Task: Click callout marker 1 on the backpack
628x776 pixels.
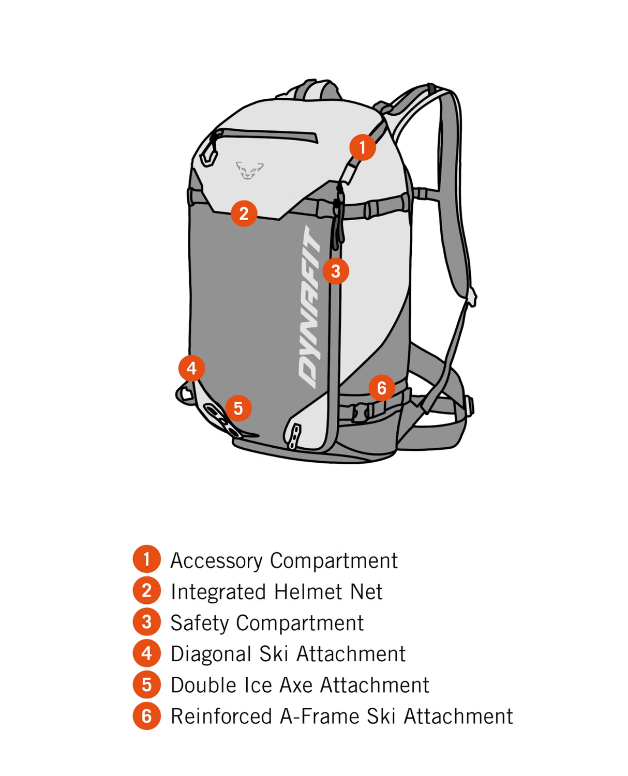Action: click(x=362, y=147)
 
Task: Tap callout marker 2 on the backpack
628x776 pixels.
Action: click(x=244, y=214)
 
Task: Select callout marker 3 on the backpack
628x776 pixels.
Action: click(x=336, y=271)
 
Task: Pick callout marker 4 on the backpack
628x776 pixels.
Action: click(x=191, y=368)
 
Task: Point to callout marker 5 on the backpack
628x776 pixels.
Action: click(x=238, y=408)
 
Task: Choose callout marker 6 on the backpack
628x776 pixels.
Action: click(x=382, y=388)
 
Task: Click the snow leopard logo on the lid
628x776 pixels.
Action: click(x=249, y=170)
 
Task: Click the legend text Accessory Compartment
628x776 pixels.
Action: click(x=284, y=561)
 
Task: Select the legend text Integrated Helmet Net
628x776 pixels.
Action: click(x=277, y=592)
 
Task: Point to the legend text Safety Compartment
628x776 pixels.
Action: click(x=267, y=623)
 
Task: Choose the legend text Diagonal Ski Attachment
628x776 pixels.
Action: click(x=288, y=654)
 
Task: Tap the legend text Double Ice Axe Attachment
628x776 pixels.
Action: click(x=300, y=686)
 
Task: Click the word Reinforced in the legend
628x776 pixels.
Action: click(x=221, y=717)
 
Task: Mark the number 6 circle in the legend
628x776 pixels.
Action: click(x=147, y=717)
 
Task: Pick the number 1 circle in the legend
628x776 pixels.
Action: click(x=147, y=559)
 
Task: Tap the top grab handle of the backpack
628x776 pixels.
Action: click(x=316, y=88)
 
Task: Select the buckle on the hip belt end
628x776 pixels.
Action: click(x=469, y=405)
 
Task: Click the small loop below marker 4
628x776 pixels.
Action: click(x=184, y=394)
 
